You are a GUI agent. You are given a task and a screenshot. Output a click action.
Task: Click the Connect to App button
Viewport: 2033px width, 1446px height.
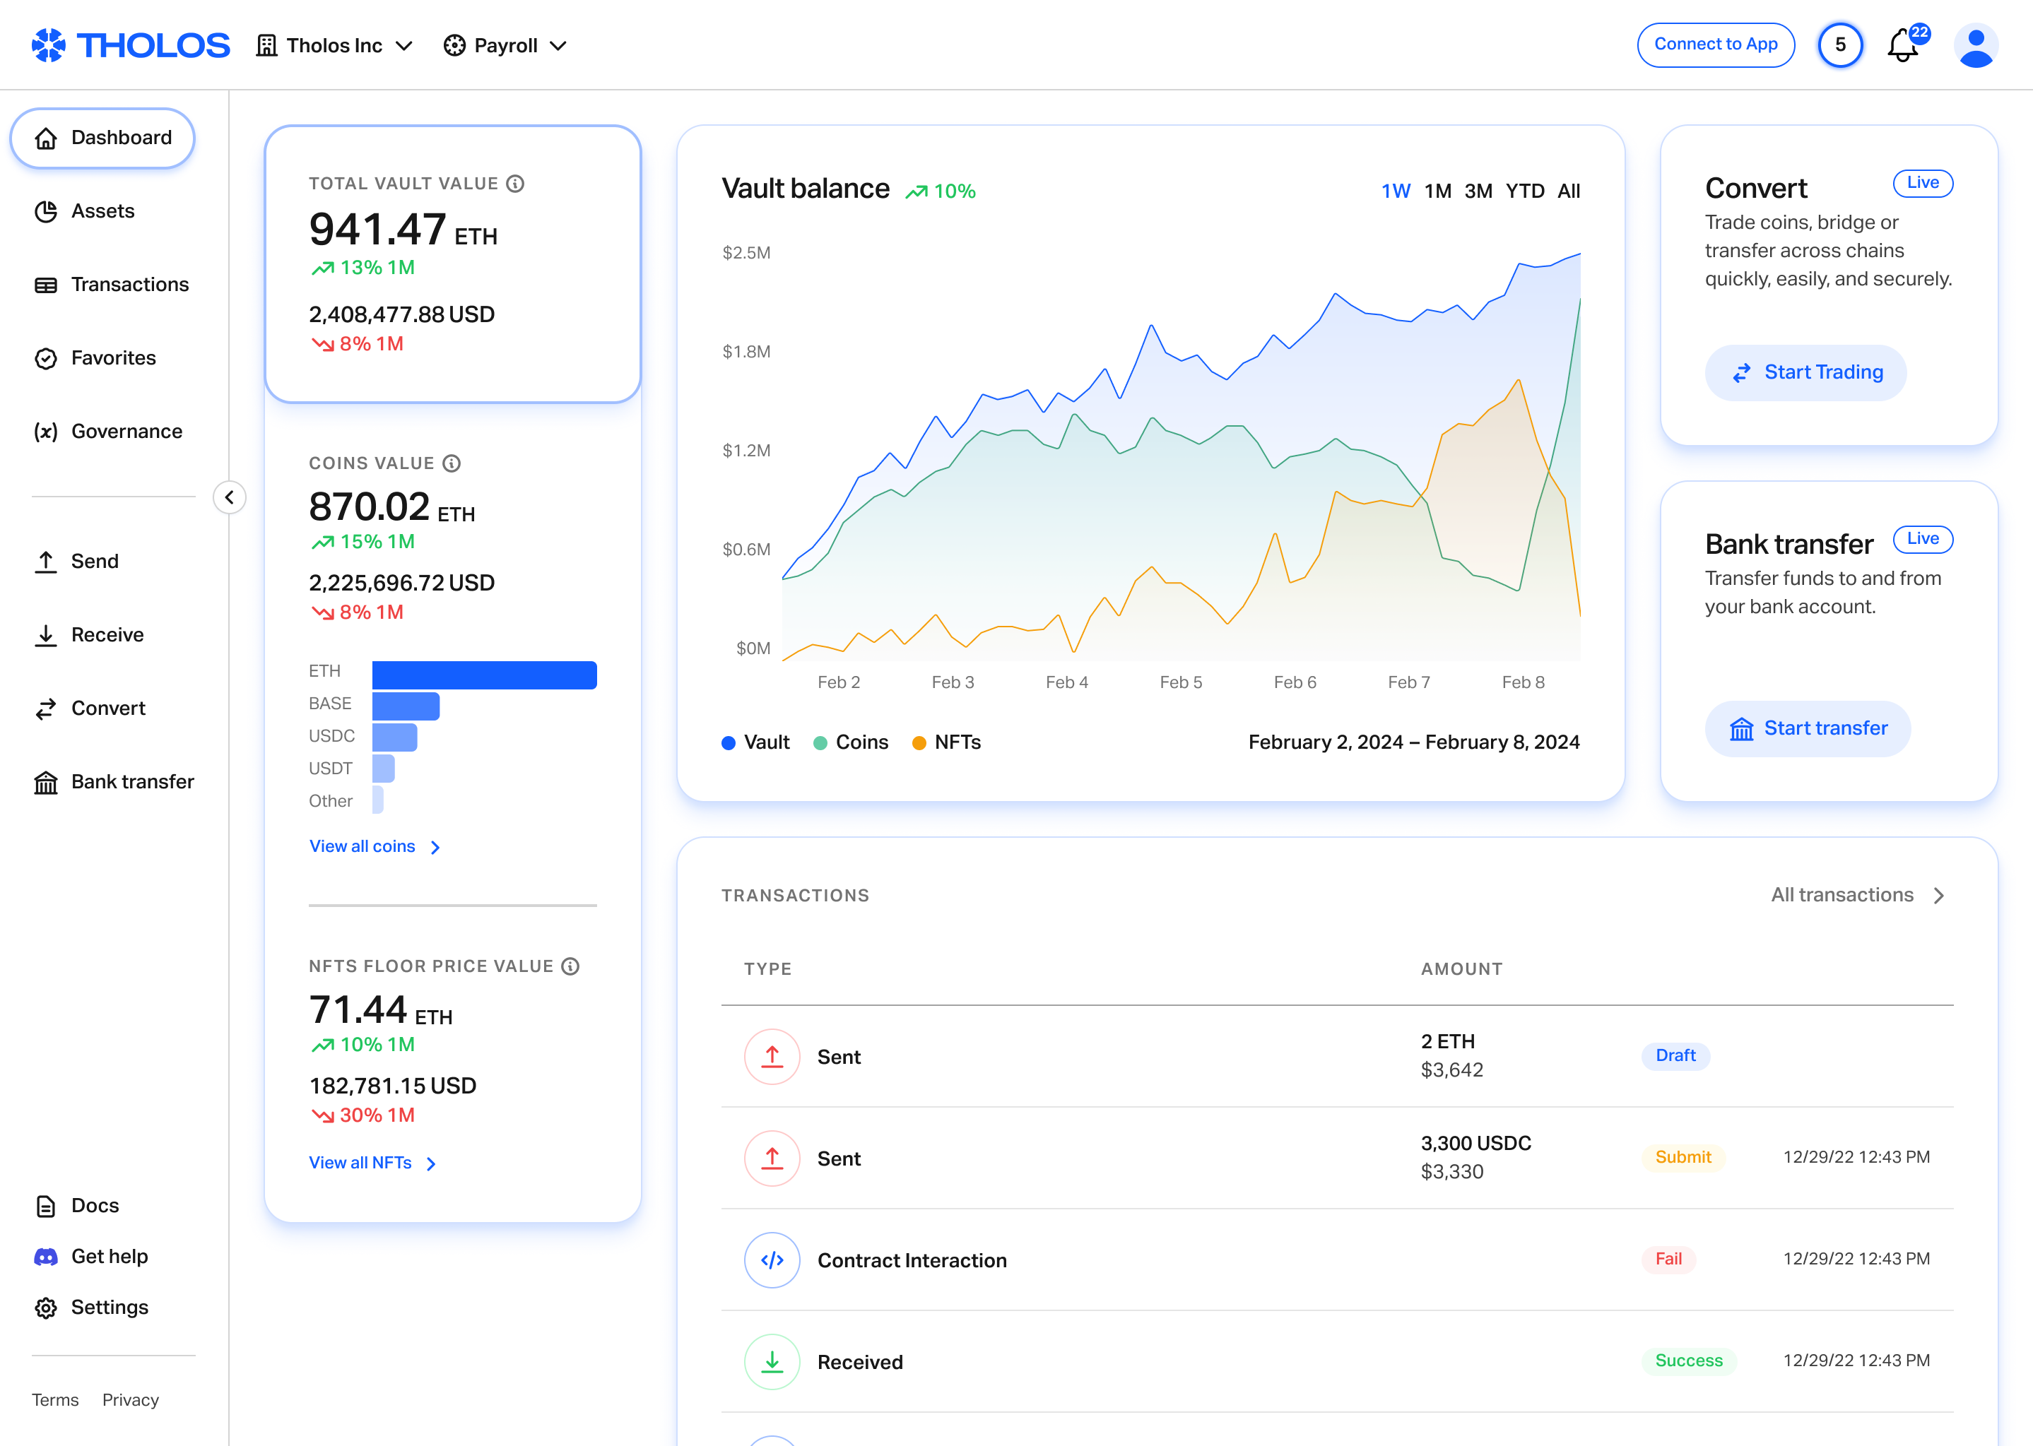pos(1715,45)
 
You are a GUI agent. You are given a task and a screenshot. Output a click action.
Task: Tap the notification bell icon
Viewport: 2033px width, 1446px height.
pos(1902,47)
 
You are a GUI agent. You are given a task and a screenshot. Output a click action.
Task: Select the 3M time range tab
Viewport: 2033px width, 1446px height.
pos(1478,191)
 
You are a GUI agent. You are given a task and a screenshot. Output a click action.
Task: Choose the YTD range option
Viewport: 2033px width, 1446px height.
pos(1524,191)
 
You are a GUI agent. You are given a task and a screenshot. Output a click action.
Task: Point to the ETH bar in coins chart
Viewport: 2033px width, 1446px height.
pos(483,675)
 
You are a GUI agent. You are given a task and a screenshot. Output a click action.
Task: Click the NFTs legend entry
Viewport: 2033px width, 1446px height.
pos(947,742)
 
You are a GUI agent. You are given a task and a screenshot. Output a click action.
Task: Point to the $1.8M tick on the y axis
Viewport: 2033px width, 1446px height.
pos(746,352)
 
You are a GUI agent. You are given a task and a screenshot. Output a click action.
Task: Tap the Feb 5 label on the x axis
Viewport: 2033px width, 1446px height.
pos(1180,682)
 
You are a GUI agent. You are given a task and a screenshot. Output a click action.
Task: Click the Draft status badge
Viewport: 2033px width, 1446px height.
pos(1675,1056)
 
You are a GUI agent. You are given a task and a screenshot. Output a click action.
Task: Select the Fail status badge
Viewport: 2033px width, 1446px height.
pos(1668,1259)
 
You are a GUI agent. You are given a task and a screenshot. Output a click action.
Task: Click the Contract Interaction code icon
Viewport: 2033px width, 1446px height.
pos(771,1260)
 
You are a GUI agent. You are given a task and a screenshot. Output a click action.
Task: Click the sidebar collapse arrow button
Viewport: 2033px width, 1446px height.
pos(230,497)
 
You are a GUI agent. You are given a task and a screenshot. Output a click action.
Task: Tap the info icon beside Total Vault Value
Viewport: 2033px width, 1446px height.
pos(514,184)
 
